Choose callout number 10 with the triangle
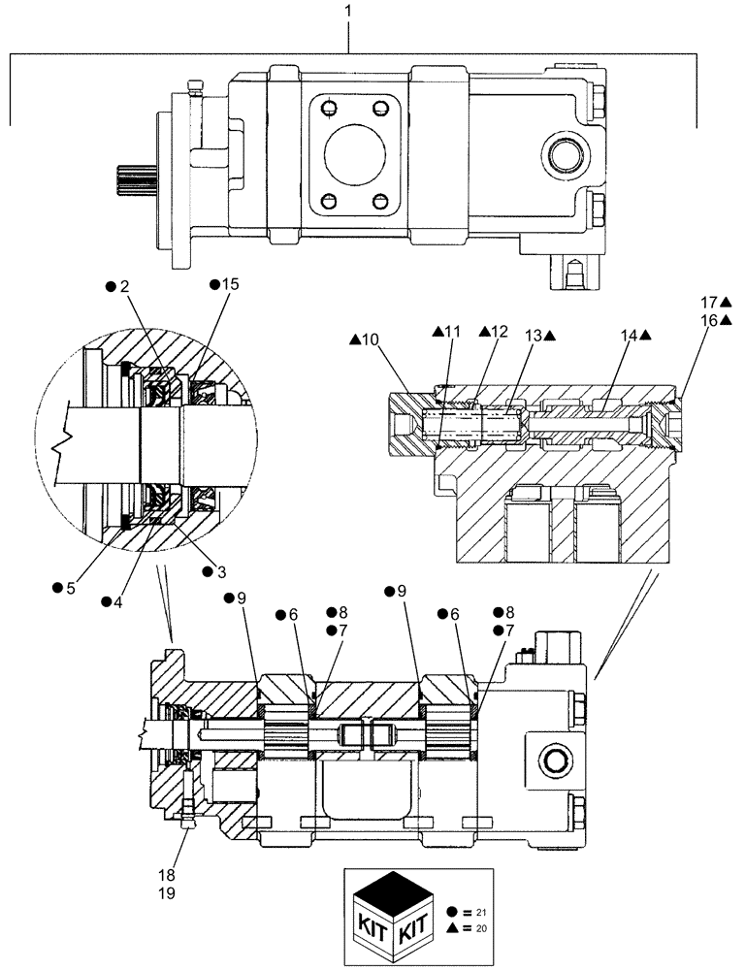pos(371,339)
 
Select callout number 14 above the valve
pos(633,336)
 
